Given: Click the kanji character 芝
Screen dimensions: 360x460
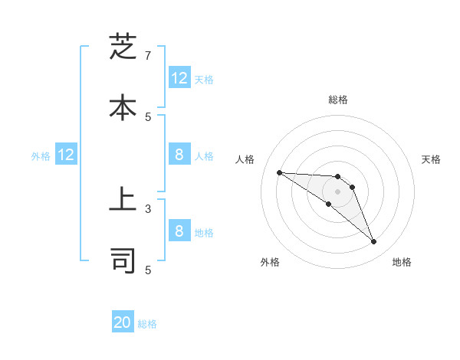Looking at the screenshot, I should [123, 47].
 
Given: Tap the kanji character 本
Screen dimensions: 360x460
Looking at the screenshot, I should [123, 106].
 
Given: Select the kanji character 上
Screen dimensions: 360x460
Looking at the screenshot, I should [123, 203].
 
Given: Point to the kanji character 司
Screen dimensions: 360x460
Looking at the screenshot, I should [123, 260].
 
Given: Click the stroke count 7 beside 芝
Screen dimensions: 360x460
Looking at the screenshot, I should [148, 56].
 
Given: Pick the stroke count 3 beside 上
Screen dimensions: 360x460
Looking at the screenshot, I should [148, 208].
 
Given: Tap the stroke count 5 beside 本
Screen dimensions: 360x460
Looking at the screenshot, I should [148, 116].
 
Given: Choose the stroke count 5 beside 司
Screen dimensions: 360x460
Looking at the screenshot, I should [148, 269].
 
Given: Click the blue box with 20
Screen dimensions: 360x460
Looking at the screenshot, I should [123, 322].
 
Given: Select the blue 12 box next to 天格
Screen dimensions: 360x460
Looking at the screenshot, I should [179, 77].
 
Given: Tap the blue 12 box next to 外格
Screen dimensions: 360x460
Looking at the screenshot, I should [66, 155].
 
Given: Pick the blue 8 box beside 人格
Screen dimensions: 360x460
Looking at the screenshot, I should [179, 155].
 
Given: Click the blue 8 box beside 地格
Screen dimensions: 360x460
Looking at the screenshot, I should [179, 231].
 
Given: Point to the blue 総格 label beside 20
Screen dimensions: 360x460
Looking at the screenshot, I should [147, 324].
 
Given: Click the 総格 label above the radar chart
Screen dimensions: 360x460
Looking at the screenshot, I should [337, 100].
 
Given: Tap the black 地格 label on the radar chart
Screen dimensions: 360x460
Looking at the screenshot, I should [402, 262].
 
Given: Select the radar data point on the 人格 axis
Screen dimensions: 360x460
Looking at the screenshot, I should [279, 172].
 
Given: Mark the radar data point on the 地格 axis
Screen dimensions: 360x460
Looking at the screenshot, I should [373, 242].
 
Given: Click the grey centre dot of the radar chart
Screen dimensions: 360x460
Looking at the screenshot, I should [337, 191].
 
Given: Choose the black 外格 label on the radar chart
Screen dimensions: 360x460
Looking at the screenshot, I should [270, 262].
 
